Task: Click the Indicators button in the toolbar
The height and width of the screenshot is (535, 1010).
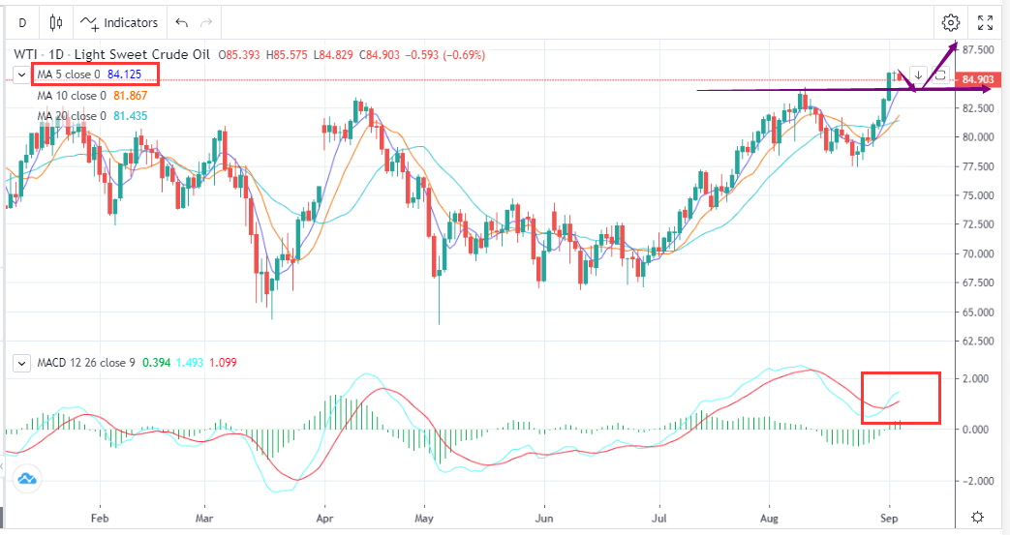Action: point(119,22)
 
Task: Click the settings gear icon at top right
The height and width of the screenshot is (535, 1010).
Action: point(950,22)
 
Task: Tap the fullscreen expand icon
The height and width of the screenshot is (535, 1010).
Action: point(985,22)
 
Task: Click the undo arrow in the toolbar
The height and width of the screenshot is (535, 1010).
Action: point(181,22)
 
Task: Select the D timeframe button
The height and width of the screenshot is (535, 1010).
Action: point(22,22)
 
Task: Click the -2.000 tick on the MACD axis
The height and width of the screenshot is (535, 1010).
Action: point(975,481)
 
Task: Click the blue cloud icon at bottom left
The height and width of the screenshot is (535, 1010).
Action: point(26,478)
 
